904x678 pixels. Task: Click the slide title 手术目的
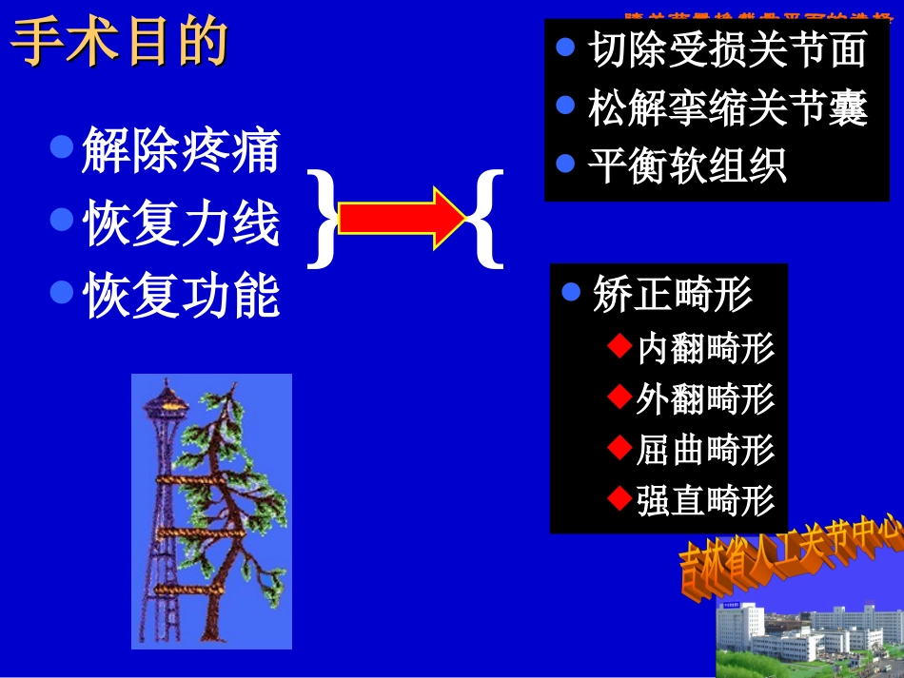(x=120, y=44)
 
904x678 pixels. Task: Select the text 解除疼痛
(x=181, y=151)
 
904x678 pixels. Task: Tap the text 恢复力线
(x=181, y=224)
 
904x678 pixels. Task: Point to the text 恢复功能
(x=181, y=296)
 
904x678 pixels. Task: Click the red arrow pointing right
(x=400, y=218)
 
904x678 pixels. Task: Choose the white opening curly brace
(x=486, y=218)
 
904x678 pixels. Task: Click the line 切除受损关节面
(x=727, y=50)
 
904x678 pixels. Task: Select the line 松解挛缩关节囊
(x=727, y=109)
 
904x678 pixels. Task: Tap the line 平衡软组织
(x=686, y=165)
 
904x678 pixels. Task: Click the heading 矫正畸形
(x=672, y=294)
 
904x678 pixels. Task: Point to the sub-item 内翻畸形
(x=705, y=348)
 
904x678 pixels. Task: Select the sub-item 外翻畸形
(x=705, y=399)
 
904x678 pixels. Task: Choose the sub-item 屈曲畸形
(x=705, y=450)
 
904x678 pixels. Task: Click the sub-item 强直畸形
(x=705, y=500)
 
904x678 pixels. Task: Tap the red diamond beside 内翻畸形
(x=619, y=346)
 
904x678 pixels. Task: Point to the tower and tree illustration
(x=211, y=511)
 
